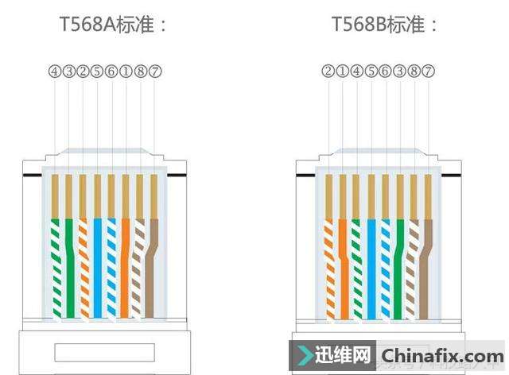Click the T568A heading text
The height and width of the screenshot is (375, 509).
[114, 25]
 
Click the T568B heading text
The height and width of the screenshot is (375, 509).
[386, 25]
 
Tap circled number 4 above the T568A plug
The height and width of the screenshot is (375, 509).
[54, 72]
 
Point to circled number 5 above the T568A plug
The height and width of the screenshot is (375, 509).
[97, 72]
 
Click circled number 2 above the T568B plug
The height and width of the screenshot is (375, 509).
[328, 72]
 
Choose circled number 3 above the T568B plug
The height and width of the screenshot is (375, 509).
[399, 72]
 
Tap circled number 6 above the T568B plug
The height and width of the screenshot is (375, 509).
[385, 72]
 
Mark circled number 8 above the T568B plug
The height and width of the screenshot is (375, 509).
[414, 72]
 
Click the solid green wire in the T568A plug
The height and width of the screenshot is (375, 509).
[69, 262]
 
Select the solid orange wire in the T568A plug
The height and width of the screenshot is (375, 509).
[126, 262]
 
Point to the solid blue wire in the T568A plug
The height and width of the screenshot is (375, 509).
[98, 262]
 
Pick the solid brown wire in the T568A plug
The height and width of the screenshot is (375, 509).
[153, 262]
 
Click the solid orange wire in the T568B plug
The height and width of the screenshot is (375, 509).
[343, 262]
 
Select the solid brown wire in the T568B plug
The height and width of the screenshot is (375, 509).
[427, 262]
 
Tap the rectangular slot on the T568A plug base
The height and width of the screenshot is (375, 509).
[103, 353]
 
